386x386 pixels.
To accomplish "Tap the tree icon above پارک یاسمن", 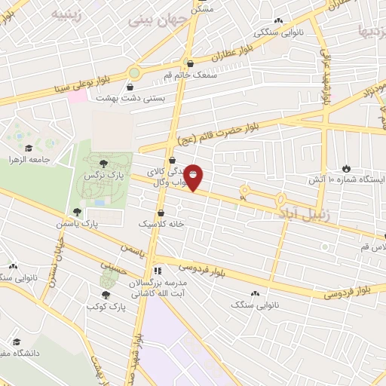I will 77,212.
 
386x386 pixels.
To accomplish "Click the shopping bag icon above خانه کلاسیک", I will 162,213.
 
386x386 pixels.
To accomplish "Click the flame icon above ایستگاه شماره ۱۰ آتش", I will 346,168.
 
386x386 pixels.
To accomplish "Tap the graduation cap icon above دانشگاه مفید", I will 17,341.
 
